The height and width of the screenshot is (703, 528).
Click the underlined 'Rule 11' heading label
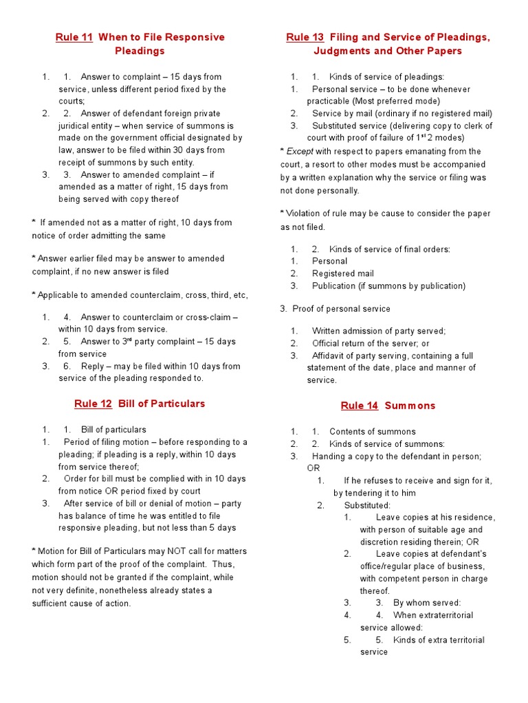coord(74,37)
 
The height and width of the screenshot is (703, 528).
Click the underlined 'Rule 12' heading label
coord(93,404)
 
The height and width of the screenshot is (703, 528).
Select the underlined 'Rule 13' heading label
coord(305,37)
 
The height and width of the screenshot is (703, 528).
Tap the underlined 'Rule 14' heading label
coord(360,406)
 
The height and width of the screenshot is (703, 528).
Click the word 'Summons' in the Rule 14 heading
coord(410,406)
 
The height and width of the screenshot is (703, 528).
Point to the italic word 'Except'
coord(299,151)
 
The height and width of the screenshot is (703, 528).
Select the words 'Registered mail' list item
coord(342,273)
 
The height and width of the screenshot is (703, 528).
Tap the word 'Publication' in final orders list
coord(337,286)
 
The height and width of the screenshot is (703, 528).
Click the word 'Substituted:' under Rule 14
coord(367,505)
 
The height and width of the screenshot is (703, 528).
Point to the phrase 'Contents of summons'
coord(372,432)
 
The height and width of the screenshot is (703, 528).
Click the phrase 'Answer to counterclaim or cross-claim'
coord(159,317)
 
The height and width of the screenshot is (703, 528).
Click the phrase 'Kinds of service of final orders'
coord(389,249)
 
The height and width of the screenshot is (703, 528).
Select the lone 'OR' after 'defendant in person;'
coord(313,468)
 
